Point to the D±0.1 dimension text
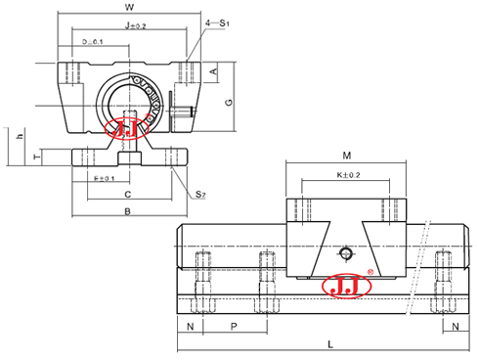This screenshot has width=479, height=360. point(95,41)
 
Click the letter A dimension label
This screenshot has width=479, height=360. point(213,70)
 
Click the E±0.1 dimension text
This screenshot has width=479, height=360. point(103,179)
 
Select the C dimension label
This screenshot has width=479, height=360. point(128,195)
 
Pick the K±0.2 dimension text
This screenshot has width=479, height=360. point(347,175)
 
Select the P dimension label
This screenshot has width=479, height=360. point(233,324)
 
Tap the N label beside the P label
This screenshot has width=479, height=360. point(190,324)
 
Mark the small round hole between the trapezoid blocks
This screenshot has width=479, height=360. point(344,254)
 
